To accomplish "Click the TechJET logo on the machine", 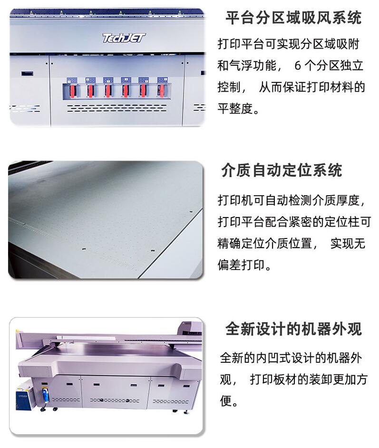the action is (x=124, y=38).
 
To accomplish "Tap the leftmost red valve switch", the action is (x=73, y=90).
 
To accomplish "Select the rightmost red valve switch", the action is (x=161, y=90).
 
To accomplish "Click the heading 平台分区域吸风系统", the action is (x=294, y=18).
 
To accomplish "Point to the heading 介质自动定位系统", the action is (x=282, y=170).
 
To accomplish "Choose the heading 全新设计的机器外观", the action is (x=294, y=329).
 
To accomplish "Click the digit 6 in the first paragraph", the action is (x=298, y=66).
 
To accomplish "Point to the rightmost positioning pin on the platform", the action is (x=191, y=212).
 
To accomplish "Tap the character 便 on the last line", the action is (x=225, y=401).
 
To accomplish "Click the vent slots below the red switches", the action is (x=117, y=108).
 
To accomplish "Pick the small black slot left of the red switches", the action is (x=28, y=74).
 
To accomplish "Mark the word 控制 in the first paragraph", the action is (x=229, y=87).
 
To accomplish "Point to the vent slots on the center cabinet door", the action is (x=115, y=400).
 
